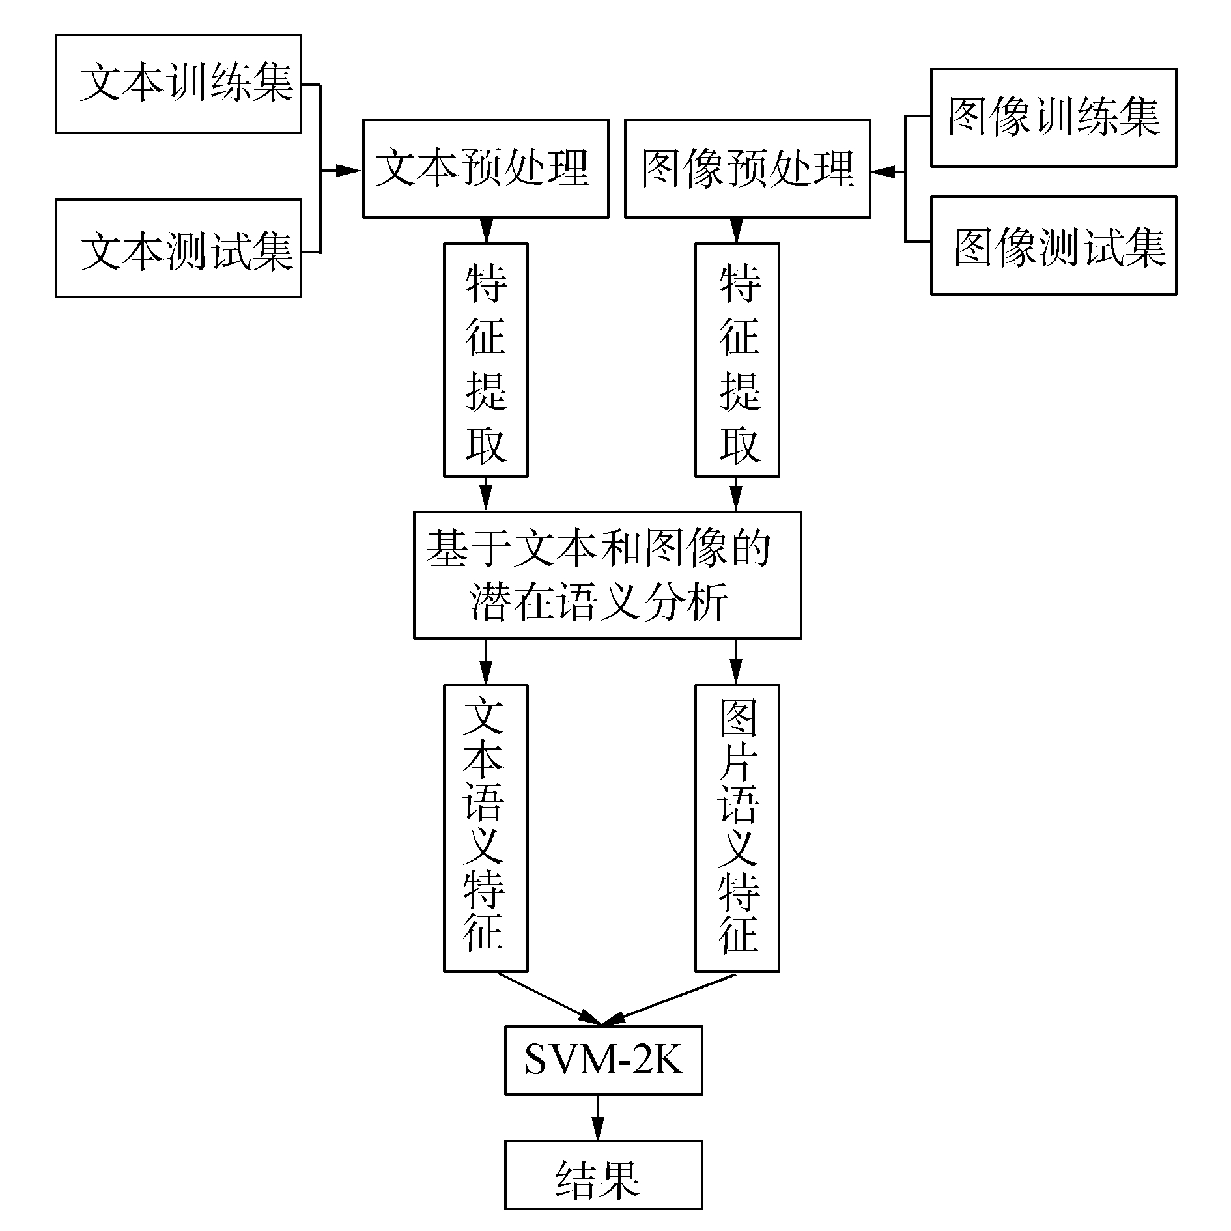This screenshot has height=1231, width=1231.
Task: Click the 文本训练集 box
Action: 178,84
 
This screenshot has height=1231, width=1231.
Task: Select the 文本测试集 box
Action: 178,248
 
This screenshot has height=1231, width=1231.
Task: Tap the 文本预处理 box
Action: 485,168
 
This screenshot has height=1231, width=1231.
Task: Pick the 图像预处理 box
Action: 747,168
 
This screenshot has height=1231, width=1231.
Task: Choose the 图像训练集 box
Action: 1053,118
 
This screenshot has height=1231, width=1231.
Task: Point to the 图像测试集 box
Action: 1053,246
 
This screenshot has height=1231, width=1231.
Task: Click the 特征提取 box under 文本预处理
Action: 485,360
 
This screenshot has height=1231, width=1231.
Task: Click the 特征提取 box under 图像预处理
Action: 737,360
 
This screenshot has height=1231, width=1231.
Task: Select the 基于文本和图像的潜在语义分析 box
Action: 607,574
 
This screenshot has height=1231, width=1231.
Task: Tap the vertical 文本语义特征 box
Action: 485,828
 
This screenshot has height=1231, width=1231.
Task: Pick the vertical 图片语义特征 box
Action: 737,828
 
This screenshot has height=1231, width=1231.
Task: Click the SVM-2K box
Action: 603,1060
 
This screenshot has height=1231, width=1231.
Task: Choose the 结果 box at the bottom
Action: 603,1174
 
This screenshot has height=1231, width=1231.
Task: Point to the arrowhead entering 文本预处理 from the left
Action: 349,171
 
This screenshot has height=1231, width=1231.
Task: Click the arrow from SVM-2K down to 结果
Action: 598,1117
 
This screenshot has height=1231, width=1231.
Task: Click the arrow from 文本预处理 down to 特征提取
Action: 486,231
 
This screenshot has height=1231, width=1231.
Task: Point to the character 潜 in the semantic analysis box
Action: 490,602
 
